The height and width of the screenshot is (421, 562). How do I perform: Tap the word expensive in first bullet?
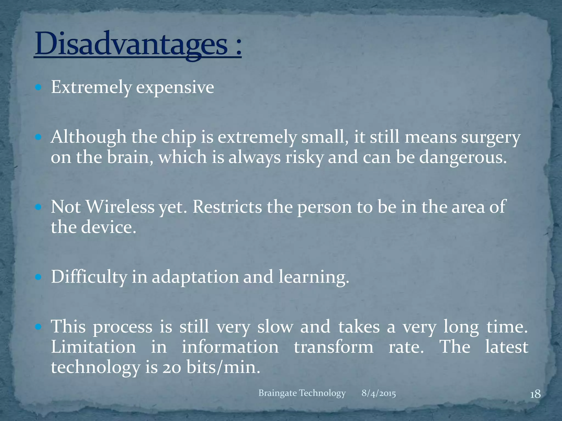point(175,87)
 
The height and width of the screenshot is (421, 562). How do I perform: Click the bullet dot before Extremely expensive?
point(38,87)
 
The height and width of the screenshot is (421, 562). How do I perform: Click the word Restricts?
point(227,207)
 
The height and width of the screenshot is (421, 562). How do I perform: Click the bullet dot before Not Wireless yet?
point(38,207)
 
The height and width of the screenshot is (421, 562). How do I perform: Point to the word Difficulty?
point(89,277)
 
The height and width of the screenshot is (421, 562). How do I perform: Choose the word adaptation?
point(195,277)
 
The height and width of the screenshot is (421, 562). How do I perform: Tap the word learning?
point(313,277)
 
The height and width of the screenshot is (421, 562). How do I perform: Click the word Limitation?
point(93,347)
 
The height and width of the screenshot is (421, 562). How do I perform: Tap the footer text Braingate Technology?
point(302,393)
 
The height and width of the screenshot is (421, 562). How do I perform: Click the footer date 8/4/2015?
point(378,393)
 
